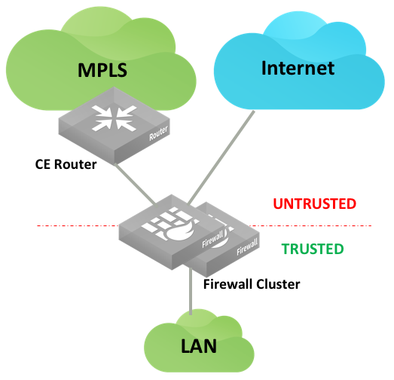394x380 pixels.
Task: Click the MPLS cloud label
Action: pos(102,70)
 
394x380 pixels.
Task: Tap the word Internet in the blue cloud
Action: pos(298,68)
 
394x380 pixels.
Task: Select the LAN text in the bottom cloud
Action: pos(199,346)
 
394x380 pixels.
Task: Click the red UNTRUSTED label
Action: pos(315,204)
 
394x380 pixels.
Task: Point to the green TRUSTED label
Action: pos(313,249)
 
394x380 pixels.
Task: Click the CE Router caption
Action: pos(66,164)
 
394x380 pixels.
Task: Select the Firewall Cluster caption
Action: pos(252,284)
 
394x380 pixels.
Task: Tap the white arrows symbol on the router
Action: pos(115,118)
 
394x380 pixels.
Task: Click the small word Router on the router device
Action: pos(158,133)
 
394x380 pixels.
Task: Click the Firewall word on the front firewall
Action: pos(212,240)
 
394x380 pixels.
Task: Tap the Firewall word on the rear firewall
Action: pos(247,247)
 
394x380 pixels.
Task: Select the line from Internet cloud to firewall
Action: pos(221,158)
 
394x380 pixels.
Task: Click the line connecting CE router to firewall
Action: pos(135,184)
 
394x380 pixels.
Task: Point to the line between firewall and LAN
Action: pos(191,291)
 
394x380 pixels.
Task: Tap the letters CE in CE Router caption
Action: pos(43,164)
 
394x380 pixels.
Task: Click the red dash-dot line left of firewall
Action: pos(78,226)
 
